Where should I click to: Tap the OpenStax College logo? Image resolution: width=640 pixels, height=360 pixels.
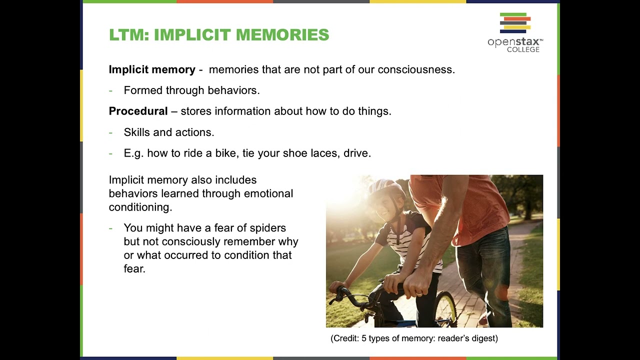coord(515,33)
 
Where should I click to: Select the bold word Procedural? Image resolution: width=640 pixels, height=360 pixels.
coord(138,111)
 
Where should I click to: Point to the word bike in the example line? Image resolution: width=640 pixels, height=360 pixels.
coord(225,153)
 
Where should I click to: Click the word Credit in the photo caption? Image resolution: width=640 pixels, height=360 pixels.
coord(344,338)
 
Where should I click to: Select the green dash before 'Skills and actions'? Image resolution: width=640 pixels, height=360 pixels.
coord(110,132)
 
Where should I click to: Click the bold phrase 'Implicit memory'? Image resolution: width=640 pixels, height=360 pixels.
coord(152,69)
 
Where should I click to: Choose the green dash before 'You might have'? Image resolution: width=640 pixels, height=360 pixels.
coord(110,228)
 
